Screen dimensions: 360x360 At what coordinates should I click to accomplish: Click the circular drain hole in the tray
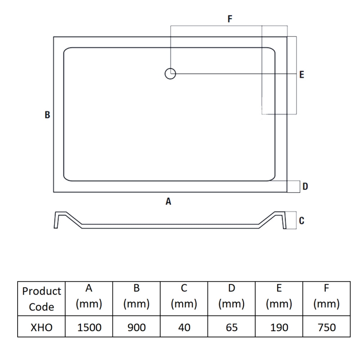pos(170,73)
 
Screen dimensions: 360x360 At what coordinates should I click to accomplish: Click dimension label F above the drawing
pos(230,19)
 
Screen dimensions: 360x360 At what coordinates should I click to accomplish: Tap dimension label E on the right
pos(301,75)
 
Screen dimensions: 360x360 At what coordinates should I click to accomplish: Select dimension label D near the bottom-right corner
pos(305,186)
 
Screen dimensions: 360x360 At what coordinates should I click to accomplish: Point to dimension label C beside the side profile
pos(301,220)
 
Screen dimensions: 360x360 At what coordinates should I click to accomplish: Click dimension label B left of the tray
pos(47,115)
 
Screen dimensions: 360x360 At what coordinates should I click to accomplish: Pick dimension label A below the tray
pos(168,202)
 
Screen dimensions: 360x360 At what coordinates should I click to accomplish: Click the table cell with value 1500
pos(89,327)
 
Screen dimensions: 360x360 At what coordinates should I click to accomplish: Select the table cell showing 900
pos(136,327)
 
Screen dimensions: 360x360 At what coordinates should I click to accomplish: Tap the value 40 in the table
pos(184,327)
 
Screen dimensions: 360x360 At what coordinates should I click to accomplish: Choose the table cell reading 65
pos(231,327)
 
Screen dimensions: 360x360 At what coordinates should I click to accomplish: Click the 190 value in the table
pos(279,327)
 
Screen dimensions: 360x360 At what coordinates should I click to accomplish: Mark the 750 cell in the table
pos(326,327)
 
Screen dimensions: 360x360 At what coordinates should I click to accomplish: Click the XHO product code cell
pos(41,327)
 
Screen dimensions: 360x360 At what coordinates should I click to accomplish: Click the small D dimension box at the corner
pos(294,186)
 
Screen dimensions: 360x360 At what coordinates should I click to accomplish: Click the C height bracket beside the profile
pos(292,220)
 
